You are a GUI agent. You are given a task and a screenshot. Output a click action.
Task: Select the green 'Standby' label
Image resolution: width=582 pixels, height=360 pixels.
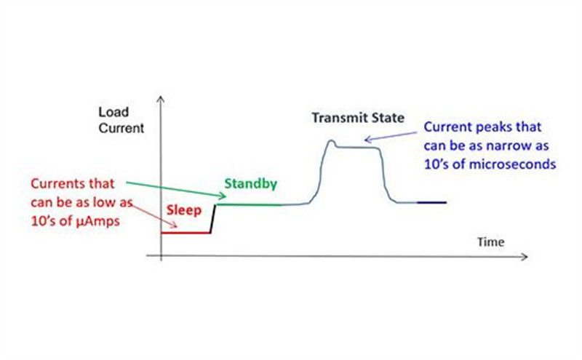250,184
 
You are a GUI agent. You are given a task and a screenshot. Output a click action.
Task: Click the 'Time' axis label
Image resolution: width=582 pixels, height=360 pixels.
490,241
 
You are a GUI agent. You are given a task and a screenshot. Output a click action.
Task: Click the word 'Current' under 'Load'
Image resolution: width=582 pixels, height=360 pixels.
120,129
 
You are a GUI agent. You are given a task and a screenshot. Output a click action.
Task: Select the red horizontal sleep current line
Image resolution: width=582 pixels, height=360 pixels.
185,233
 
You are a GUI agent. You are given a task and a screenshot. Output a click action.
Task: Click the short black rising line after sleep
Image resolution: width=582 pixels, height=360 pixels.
213,219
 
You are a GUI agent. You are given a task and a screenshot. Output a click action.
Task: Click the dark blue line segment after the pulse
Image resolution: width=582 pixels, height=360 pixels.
431,202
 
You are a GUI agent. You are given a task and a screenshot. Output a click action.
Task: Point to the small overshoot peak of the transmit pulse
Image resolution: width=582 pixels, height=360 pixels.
331,142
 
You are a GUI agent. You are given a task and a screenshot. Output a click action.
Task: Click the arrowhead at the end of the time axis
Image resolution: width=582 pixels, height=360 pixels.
524,257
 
